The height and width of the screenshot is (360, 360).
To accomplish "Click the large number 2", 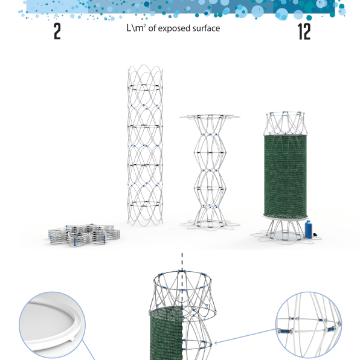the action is (x=57, y=31).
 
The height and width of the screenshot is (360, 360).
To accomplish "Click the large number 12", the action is (x=304, y=31).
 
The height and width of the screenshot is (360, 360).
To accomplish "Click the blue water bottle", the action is (x=309, y=229).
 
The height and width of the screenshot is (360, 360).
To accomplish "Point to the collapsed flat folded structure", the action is (x=84, y=234).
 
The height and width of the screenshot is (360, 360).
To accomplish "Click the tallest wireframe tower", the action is (x=145, y=145).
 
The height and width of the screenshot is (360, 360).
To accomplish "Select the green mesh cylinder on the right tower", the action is (x=285, y=176).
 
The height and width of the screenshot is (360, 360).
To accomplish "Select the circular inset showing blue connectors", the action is (x=309, y=325).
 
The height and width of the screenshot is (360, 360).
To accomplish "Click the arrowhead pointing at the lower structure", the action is (x=216, y=343).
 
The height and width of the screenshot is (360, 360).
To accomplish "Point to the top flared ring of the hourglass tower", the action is (x=210, y=117).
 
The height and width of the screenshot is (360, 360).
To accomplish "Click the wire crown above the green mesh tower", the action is (x=285, y=123).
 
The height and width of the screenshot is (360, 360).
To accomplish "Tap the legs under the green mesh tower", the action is (x=284, y=231).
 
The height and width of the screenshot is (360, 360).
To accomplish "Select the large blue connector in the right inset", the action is (x=285, y=331).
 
